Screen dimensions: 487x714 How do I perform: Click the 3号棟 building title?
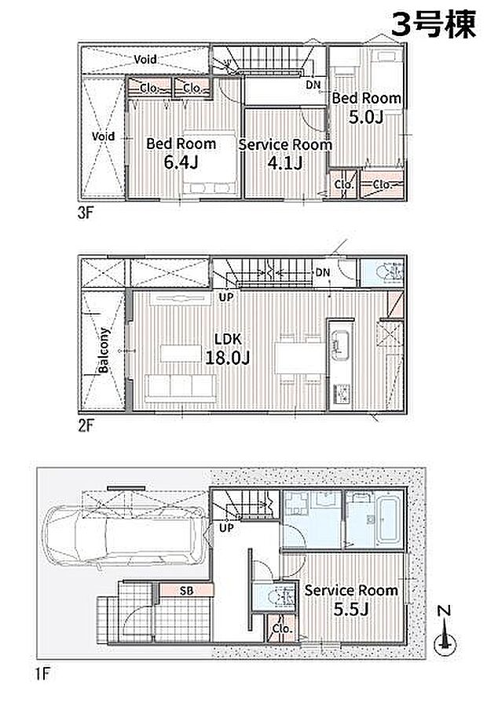click(434, 24)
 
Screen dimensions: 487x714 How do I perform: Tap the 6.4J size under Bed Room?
click(181, 162)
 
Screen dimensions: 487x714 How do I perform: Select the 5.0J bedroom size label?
click(366, 117)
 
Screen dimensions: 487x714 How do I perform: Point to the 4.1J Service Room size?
click(285, 162)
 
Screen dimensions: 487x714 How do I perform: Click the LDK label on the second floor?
click(228, 339)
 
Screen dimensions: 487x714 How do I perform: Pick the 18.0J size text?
click(228, 358)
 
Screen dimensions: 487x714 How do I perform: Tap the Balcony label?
click(103, 350)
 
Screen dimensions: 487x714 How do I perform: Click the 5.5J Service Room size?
click(350, 609)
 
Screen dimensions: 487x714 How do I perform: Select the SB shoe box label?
click(186, 591)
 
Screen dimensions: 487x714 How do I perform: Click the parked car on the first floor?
click(123, 537)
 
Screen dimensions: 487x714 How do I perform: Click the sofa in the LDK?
click(181, 388)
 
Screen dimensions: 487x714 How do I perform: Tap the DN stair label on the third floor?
click(313, 85)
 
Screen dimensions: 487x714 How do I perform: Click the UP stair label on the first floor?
click(226, 528)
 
